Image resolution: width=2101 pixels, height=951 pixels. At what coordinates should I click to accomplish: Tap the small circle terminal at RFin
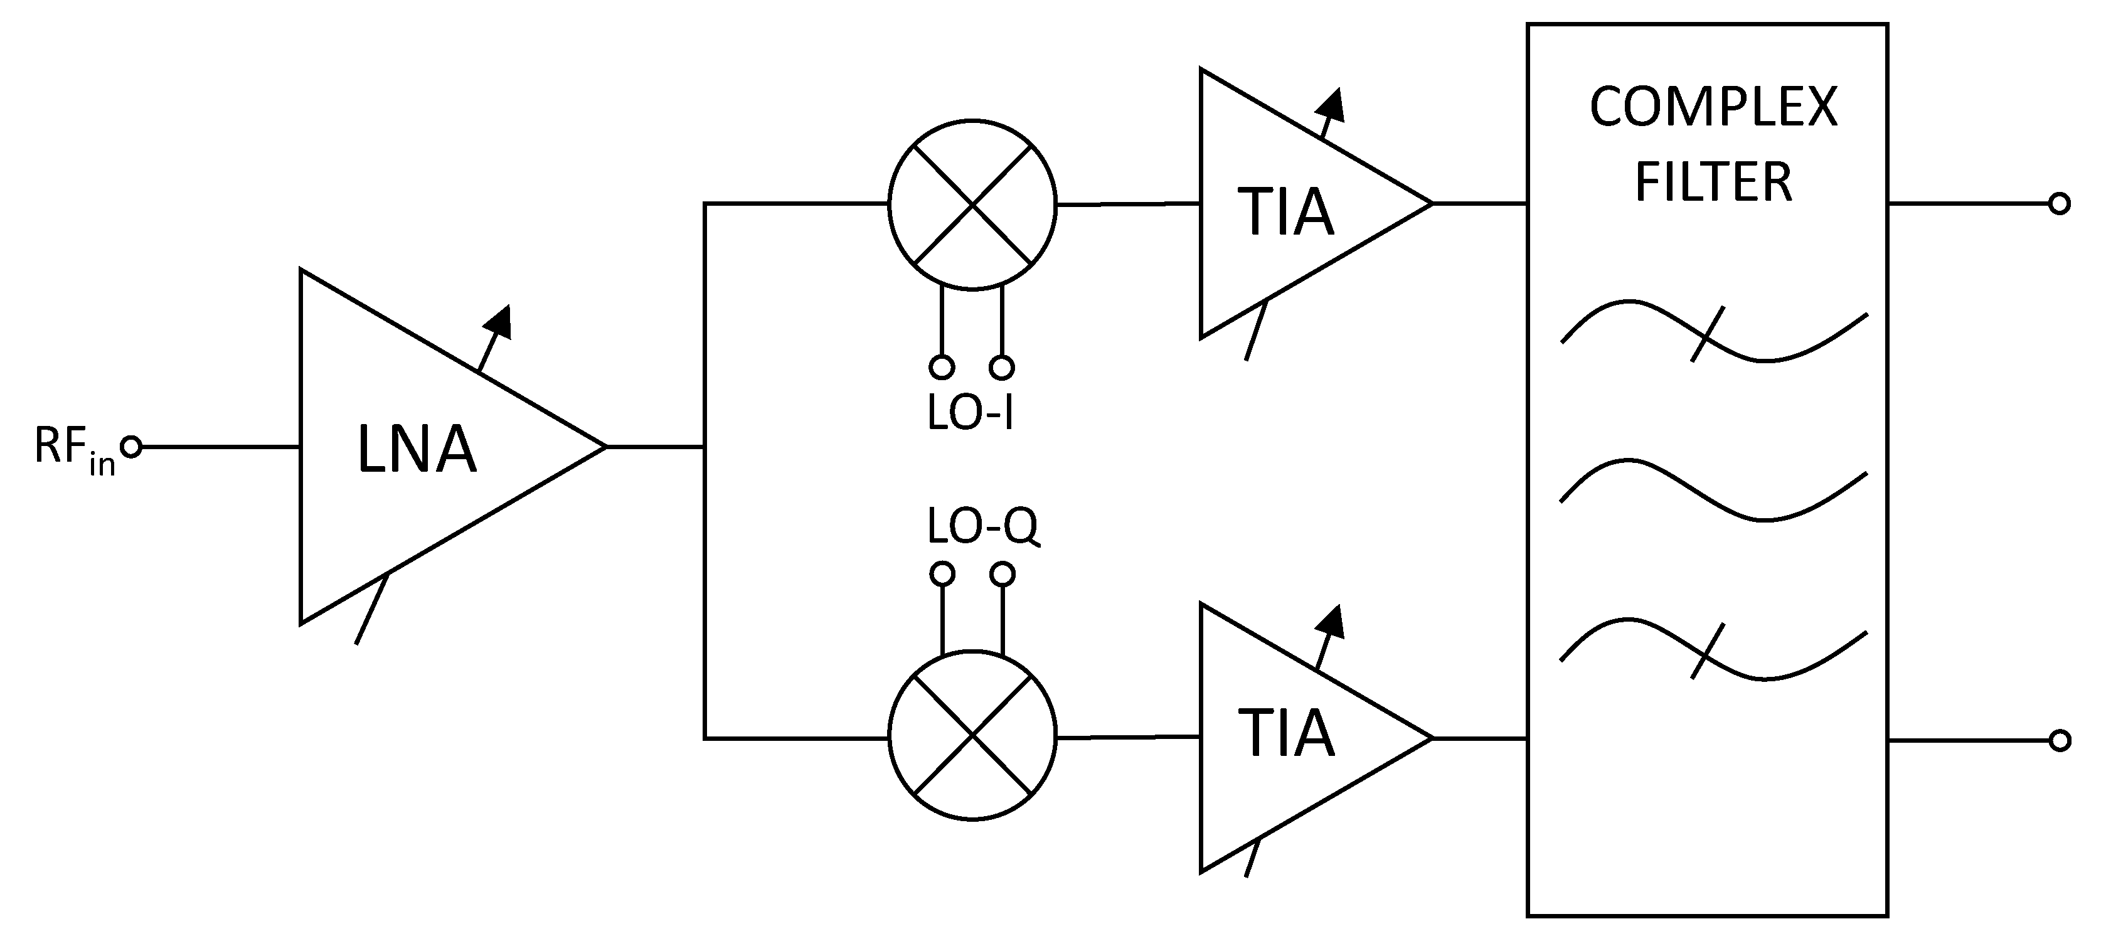click(130, 447)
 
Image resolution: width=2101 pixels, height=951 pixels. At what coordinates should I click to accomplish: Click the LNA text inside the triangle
click(416, 449)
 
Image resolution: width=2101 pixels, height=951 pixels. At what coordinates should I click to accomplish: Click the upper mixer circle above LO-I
click(971, 204)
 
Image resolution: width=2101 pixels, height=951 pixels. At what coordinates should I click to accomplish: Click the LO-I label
click(970, 413)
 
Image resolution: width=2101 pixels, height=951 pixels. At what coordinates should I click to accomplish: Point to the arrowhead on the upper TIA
click(1332, 104)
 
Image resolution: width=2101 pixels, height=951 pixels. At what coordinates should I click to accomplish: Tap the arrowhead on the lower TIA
click(1331, 622)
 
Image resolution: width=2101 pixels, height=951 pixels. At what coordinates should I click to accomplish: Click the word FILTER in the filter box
click(1713, 181)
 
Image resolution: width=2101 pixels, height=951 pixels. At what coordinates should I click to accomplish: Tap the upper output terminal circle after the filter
click(2058, 204)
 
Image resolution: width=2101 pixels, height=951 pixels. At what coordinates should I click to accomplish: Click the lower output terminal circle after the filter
click(2058, 741)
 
